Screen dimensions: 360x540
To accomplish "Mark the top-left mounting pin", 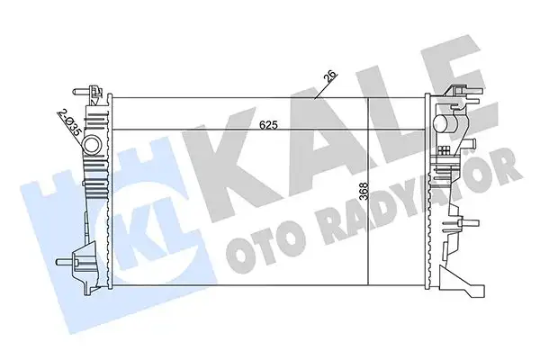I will click(90, 90).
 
